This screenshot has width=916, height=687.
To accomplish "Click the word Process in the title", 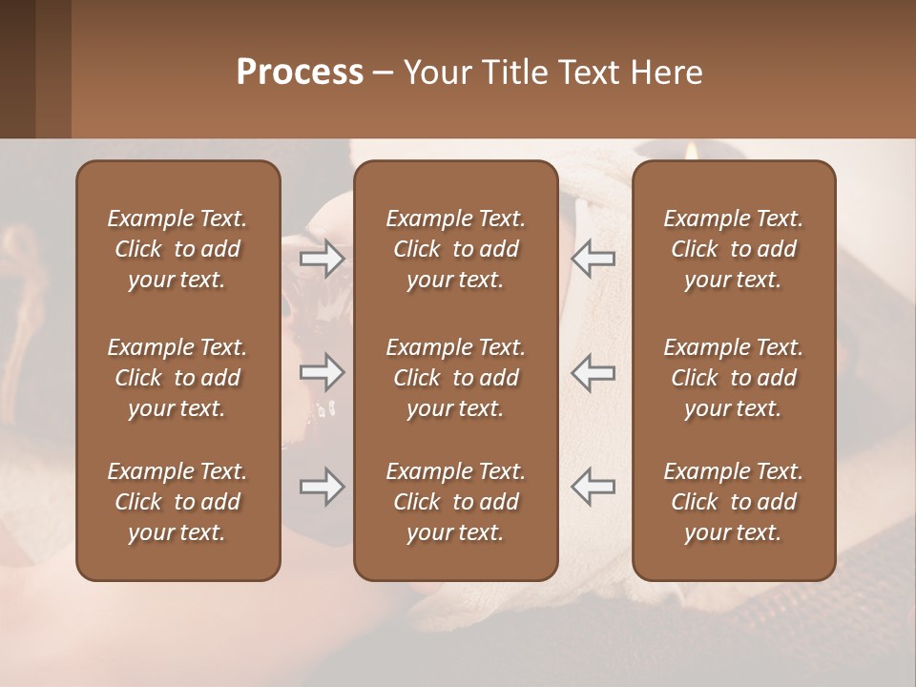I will tap(300, 73).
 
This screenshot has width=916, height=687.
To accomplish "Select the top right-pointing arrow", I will tap(322, 259).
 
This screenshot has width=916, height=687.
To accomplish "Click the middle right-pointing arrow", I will tap(322, 372).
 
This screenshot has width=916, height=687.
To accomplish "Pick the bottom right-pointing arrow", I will tap(322, 488).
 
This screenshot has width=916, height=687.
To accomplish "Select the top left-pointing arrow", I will tap(593, 259).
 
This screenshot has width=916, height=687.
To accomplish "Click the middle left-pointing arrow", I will tap(593, 372).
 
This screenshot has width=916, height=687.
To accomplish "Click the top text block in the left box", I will tap(177, 249).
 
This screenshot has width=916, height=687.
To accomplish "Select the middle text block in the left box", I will tap(177, 378).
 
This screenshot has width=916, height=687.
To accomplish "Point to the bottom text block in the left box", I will tap(177, 502).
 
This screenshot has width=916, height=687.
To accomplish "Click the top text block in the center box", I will tap(455, 249).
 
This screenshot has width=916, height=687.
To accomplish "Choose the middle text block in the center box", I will tap(455, 378).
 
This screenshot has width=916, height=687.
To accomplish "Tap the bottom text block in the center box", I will tap(455, 502).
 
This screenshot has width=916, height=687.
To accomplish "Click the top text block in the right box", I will tap(733, 249).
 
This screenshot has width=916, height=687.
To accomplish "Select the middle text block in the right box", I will tap(733, 378).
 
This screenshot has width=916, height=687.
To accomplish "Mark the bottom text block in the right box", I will tap(733, 502).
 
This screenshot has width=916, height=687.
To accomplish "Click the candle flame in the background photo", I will tap(690, 149).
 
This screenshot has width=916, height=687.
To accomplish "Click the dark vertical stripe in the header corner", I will tap(17, 69).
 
